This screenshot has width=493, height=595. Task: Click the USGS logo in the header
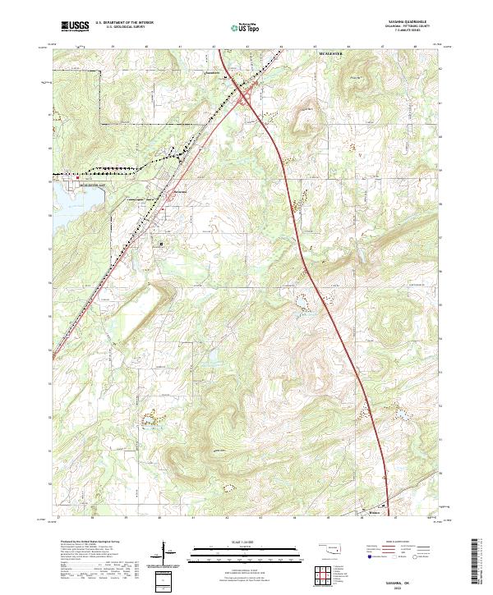(x=75, y=26)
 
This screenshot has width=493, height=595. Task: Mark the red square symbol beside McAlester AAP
(x=55, y=176)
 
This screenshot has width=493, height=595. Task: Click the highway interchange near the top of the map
(x=246, y=97)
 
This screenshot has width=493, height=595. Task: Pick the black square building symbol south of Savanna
(x=161, y=243)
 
